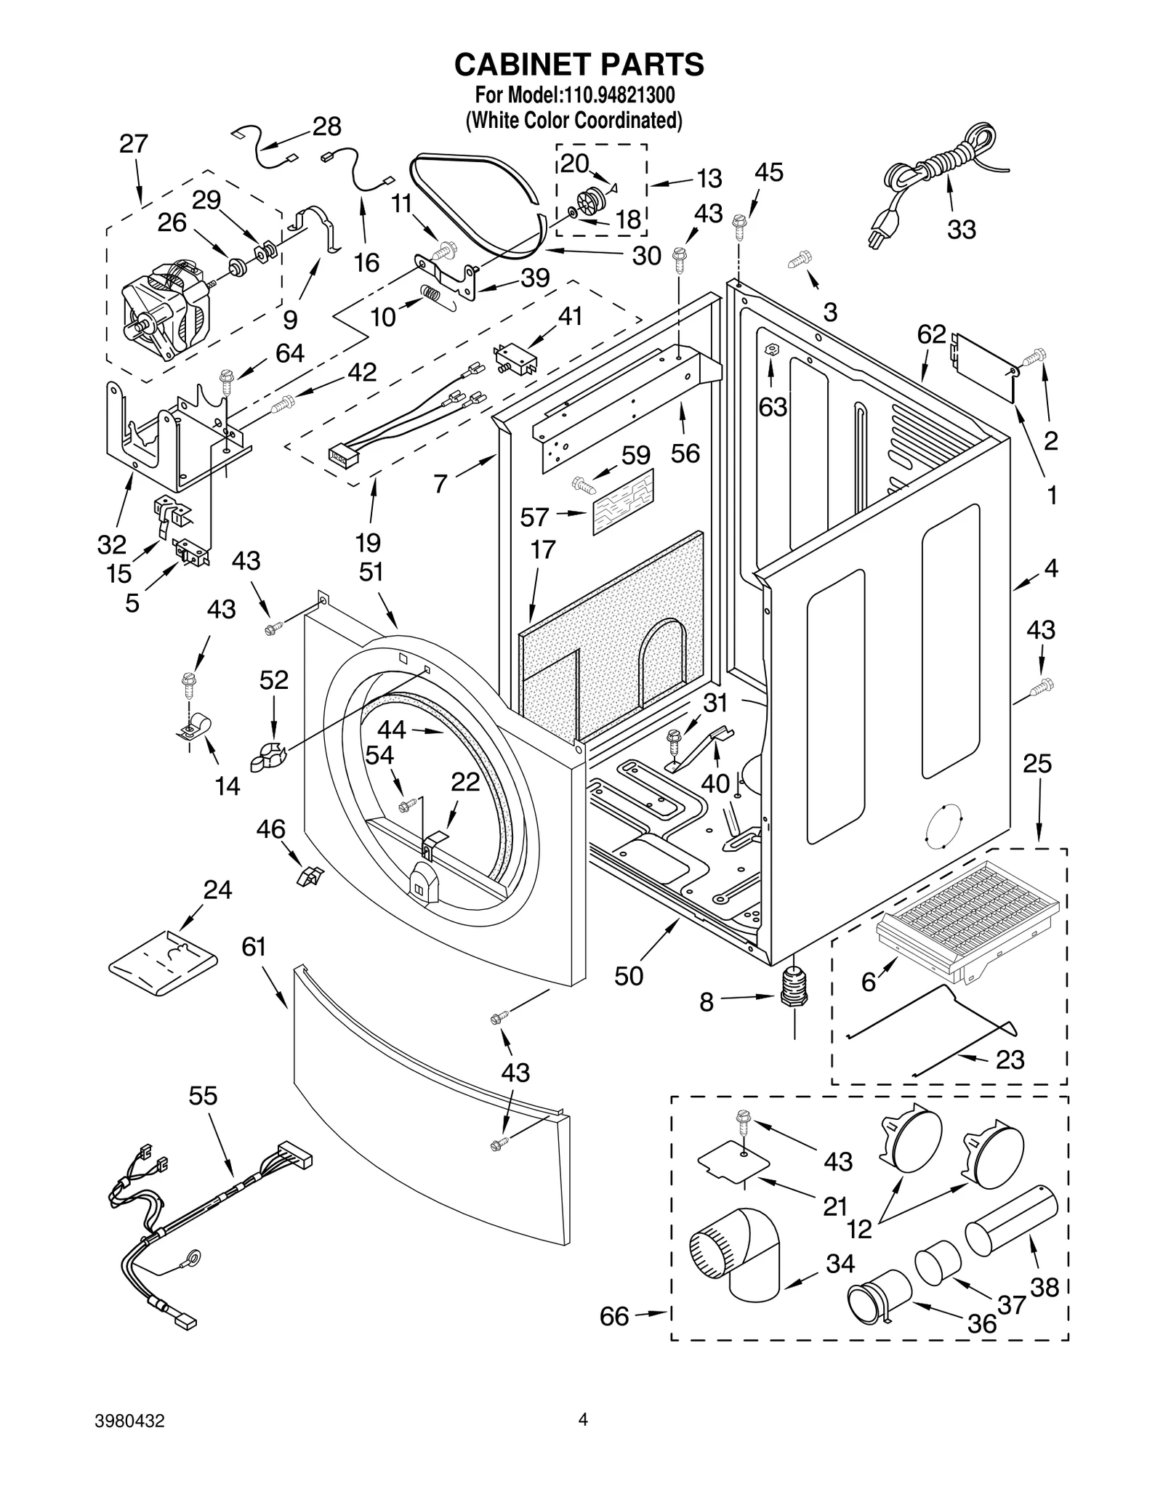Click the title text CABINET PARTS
click(x=579, y=65)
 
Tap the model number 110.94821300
click(x=618, y=95)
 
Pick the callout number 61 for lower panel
click(x=254, y=947)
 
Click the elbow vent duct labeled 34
click(x=734, y=1261)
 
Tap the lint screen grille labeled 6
click(x=967, y=912)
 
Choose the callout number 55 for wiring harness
click(x=203, y=1095)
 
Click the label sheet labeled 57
click(x=623, y=502)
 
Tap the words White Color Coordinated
click(x=574, y=120)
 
